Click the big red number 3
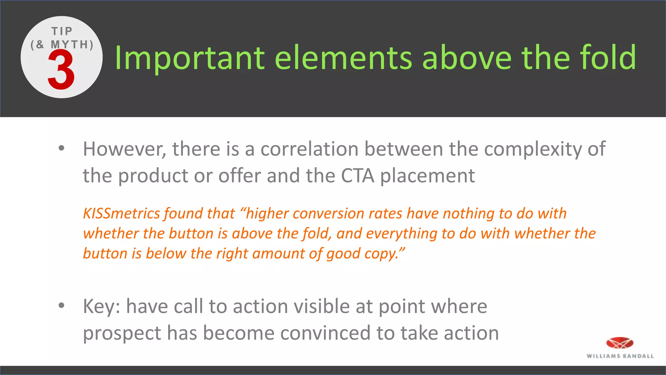(x=61, y=70)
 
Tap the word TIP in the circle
(x=62, y=31)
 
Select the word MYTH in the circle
(x=70, y=44)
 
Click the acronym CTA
(x=357, y=176)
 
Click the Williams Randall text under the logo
(x=620, y=356)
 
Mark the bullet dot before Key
(x=61, y=306)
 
